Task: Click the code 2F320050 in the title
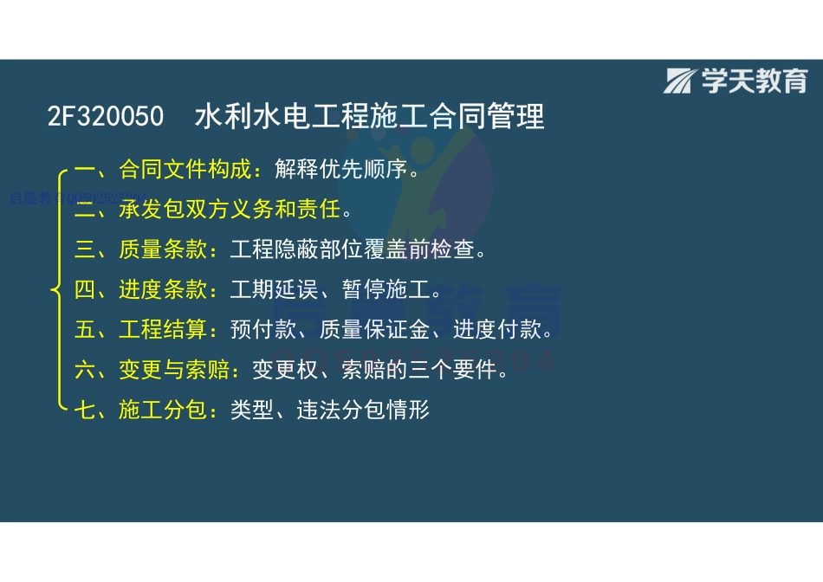[x=105, y=116]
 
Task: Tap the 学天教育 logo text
[x=754, y=81]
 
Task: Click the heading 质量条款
[x=164, y=250]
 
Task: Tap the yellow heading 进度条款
[x=164, y=289]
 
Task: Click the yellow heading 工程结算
[x=164, y=330]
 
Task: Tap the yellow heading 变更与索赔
[x=175, y=370]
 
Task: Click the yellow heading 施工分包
[x=164, y=410]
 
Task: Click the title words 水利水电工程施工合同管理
[x=370, y=116]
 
